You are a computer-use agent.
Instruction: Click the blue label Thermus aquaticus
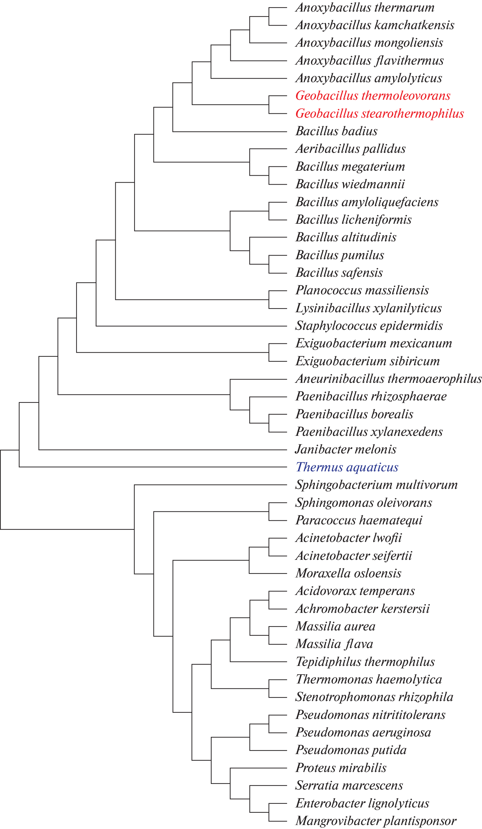point(347,467)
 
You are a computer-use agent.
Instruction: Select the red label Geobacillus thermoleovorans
point(373,96)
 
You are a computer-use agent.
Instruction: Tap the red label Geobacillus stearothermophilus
point(380,113)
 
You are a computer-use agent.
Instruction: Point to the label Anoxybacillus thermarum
point(365,8)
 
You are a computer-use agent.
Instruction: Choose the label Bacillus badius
point(336,131)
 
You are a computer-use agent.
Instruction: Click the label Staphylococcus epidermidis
point(369,326)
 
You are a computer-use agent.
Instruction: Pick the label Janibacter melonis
point(345,449)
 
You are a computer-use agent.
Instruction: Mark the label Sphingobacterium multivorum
point(376,485)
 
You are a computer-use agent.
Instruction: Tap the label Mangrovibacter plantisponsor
point(376,821)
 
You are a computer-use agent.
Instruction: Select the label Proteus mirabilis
point(341,768)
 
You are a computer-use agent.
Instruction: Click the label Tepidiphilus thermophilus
point(365,662)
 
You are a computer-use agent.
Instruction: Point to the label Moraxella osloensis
point(348,573)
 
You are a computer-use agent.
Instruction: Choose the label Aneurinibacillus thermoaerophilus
point(388,379)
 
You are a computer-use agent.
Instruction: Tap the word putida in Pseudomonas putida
point(388,750)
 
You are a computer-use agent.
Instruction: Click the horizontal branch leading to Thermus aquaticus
point(152,467)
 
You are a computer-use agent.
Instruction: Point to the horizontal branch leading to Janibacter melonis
point(162,450)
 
